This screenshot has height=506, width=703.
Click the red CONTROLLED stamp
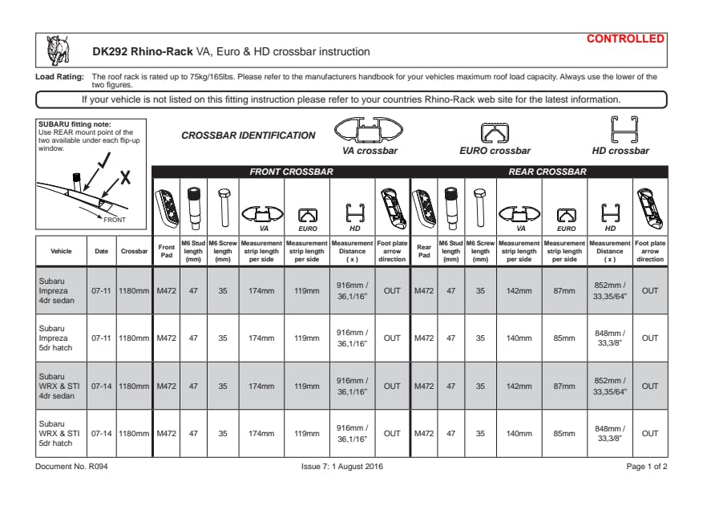coord(625,38)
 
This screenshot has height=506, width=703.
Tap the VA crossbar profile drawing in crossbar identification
coord(368,130)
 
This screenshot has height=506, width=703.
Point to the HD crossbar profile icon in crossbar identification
coord(620,129)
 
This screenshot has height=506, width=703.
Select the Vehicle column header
coord(61,251)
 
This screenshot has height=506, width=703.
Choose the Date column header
coord(102,251)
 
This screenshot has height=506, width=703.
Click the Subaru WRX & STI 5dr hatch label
coord(59,434)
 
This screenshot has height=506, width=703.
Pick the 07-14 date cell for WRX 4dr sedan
coord(102,386)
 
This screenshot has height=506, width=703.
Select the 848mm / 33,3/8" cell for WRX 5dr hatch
coord(609,434)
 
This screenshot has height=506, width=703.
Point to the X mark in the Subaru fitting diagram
coord(124,178)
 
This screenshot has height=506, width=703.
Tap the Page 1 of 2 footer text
coord(647,466)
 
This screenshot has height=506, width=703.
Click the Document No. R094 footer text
coord(71,466)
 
